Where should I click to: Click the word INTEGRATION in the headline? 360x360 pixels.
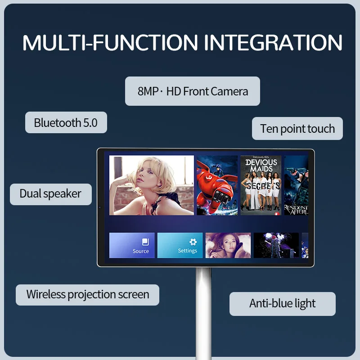273,42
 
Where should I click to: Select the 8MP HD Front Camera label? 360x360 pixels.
193,91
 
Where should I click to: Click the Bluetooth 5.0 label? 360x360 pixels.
66,122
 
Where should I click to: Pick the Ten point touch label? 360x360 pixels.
297,129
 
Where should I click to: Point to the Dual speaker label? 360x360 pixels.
50,194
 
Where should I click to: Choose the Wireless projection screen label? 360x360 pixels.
87,295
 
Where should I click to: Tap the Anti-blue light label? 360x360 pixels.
283,304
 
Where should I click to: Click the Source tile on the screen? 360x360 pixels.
132,245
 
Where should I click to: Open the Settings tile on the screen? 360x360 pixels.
180,245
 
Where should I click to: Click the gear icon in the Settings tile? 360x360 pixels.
193,242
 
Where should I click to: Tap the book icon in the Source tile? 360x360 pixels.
145,242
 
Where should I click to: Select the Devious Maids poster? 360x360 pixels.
261,185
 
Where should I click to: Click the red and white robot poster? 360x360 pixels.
217,185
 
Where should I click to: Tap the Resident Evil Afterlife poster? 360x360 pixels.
296,185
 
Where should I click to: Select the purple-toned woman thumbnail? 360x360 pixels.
228,245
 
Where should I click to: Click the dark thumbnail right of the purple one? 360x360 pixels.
276,245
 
